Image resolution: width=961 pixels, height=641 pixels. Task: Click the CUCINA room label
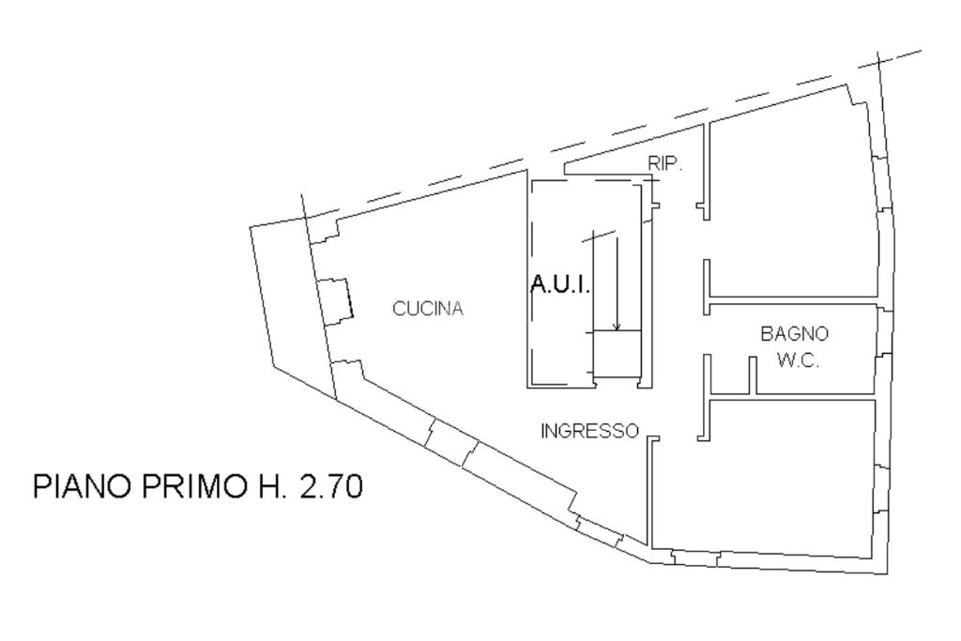coord(428,309)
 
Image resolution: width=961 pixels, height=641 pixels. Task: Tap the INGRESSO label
coord(589,431)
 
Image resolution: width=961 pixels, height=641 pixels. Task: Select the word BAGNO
coord(794,333)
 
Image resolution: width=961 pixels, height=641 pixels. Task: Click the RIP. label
coord(665,162)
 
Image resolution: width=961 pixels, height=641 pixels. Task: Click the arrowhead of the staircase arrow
coord(617,327)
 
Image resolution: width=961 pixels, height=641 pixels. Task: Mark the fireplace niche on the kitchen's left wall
coord(333,300)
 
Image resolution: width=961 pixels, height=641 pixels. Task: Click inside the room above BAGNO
coord(793,206)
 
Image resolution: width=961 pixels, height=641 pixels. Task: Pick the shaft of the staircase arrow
coord(617,282)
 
